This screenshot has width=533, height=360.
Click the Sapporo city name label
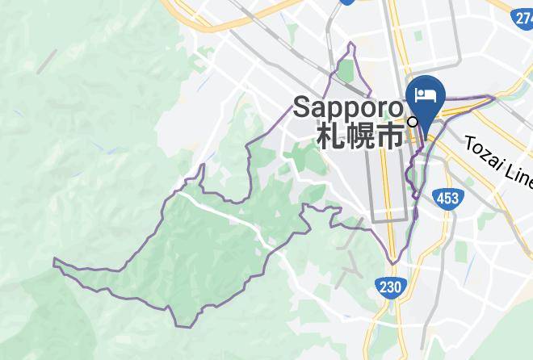tap(347, 107)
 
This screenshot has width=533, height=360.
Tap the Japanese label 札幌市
tap(359, 135)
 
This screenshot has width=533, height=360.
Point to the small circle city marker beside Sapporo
tap(413, 122)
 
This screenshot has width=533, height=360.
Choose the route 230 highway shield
tap(389, 286)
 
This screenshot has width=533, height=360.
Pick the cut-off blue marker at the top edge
tap(348, 2)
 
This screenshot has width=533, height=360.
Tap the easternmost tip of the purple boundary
tap(493, 98)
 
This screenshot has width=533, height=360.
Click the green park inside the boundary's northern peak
tap(346, 71)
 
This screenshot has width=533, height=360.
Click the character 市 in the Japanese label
tap(390, 135)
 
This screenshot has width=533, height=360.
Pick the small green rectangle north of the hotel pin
tap(418, 37)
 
